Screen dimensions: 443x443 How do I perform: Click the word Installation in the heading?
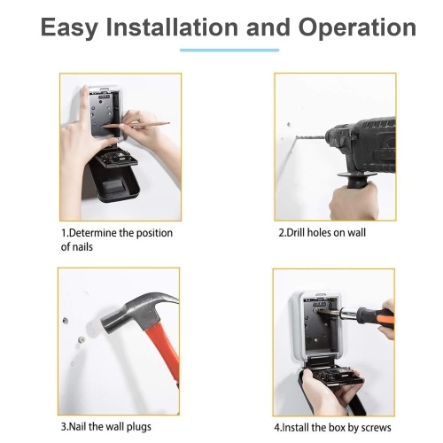(172, 27)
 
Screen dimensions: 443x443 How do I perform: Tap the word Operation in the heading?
(357, 28)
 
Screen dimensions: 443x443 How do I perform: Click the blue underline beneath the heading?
(229, 51)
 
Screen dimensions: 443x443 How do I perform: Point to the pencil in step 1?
(136, 125)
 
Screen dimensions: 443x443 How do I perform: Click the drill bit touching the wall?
(310, 137)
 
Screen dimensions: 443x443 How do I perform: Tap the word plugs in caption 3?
(139, 427)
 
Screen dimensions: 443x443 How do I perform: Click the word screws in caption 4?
(376, 428)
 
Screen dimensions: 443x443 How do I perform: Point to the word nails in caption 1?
(81, 246)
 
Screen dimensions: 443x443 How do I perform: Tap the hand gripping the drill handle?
(354, 201)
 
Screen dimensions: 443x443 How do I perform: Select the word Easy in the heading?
(69, 28)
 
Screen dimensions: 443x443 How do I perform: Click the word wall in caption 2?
(356, 232)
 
